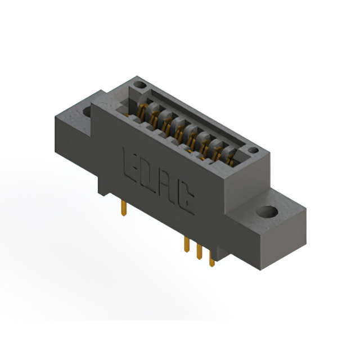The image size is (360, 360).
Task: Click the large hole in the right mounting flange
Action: (267, 211)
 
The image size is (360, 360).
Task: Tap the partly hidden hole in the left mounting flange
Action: (87, 111)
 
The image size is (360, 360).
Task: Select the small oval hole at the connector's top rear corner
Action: (140, 85)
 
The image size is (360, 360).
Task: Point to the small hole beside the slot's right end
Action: (253, 150)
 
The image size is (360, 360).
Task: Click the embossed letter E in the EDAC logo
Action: (130, 165)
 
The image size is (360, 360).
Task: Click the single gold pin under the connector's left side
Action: (124, 208)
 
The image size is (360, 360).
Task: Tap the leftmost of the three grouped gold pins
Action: (187, 245)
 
